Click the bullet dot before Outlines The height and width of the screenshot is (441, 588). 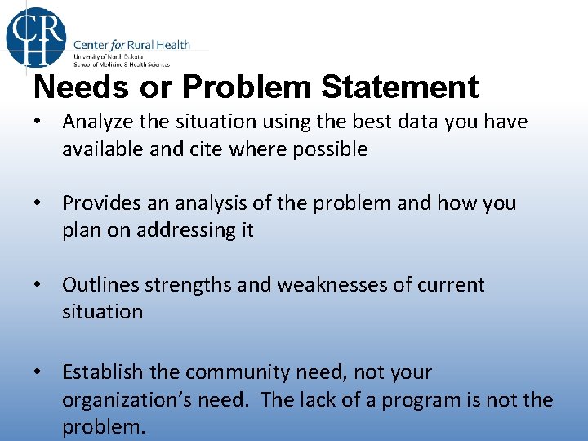(x=38, y=285)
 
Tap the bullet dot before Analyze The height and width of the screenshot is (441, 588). (x=38, y=122)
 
